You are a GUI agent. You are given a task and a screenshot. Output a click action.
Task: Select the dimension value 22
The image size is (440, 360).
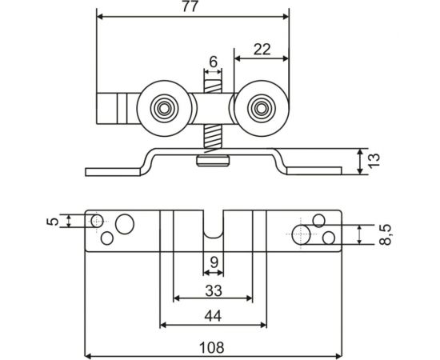point(262,49)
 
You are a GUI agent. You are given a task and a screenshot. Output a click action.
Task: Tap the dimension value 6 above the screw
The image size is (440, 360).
point(213,61)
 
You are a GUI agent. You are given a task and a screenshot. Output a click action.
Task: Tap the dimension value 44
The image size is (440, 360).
point(213,315)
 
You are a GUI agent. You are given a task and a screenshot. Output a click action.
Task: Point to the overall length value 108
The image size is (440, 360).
point(213,347)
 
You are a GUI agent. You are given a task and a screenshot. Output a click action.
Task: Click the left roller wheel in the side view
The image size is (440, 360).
point(165,106)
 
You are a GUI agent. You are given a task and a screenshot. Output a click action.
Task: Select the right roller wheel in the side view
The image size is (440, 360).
point(260,106)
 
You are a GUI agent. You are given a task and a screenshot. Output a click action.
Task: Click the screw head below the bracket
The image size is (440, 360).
point(213,162)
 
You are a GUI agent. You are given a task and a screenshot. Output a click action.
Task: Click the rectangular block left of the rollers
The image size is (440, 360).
point(117,107)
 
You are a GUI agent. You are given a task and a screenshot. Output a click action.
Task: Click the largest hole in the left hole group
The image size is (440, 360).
point(124,223)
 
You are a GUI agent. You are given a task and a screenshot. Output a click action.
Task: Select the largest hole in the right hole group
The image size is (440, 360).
point(302,234)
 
